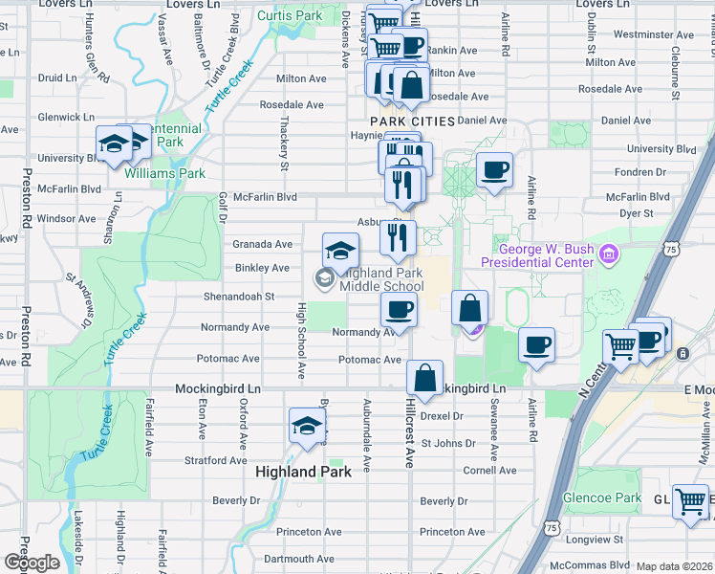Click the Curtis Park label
[291, 16]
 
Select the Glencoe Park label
[617, 497]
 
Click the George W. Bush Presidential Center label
[537, 255]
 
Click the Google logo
[32, 563]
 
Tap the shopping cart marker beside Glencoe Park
[690, 501]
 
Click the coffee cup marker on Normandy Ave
[399, 309]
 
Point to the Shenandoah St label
[238, 297]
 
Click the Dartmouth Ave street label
[299, 559]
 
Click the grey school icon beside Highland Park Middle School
[323, 278]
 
